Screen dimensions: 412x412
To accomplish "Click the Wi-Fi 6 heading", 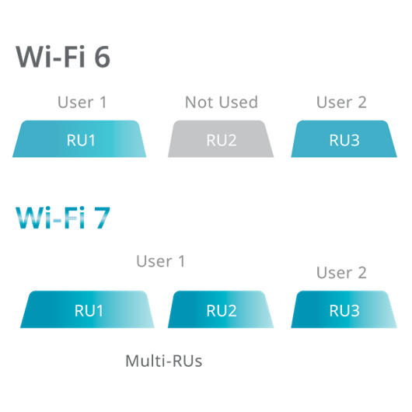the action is [63, 57].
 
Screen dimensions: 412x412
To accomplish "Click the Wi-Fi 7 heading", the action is [63, 218].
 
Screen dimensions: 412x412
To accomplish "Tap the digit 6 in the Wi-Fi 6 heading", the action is [102, 57].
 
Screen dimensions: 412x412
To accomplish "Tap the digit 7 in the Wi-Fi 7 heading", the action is [103, 218].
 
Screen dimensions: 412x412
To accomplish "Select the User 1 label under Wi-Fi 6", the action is [82, 102].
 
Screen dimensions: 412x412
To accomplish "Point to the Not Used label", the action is [222, 102].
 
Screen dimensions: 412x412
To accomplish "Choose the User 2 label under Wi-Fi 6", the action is [341, 102].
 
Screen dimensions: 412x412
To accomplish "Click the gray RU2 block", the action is [221, 138].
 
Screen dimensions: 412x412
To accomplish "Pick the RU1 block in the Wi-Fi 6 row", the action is [79, 138].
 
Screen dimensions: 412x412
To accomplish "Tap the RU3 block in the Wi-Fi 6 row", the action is [344, 138].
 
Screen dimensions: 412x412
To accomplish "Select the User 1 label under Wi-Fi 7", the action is [161, 261].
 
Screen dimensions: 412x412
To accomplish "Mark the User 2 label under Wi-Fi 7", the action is [341, 273].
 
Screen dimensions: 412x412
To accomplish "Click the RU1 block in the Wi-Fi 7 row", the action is [87, 309].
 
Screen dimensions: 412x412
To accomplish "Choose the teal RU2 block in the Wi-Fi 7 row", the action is [221, 309].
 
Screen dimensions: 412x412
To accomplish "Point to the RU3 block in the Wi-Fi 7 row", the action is [344, 309].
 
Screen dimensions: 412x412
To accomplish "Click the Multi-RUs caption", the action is [164, 361].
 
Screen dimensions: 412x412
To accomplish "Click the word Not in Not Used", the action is [200, 102].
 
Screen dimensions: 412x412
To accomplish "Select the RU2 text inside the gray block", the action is [222, 140].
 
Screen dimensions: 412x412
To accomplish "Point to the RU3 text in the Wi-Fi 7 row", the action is [344, 311].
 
